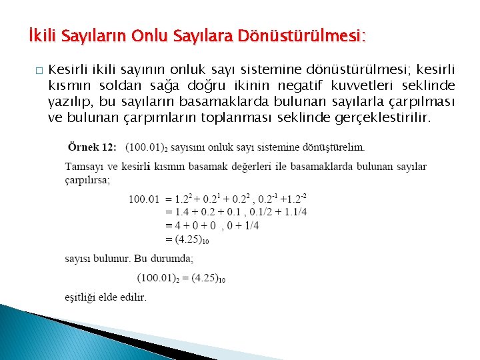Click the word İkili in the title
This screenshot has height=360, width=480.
41,35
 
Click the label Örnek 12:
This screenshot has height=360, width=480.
92,147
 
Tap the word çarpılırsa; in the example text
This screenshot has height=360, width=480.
87,179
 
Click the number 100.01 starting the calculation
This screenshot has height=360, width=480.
144,198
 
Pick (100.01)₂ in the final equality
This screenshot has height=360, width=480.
159,277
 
